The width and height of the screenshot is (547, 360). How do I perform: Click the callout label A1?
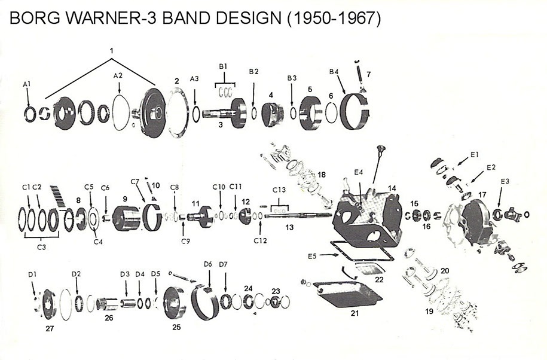[x=26, y=84]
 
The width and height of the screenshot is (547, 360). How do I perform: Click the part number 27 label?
[x=50, y=328]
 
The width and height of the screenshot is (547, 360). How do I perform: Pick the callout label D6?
[x=208, y=264]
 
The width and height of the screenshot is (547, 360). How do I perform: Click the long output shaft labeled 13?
[x=293, y=216]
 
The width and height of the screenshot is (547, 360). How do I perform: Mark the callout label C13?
[x=279, y=190]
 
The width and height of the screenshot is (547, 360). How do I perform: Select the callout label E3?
[x=505, y=181]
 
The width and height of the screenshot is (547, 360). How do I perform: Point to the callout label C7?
[x=134, y=181]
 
